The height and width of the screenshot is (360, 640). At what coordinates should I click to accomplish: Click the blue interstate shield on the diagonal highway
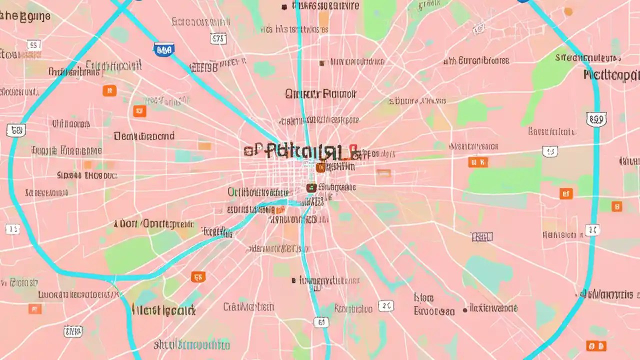pos(164,49)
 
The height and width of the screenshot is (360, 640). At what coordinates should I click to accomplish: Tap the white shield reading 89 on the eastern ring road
pos(595,119)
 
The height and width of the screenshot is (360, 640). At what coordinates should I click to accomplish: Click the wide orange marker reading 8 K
pos(477,162)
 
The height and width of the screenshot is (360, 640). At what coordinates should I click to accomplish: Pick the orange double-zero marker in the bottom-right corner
pos(596,346)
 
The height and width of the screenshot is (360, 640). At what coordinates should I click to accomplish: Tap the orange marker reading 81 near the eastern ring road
pos(565,193)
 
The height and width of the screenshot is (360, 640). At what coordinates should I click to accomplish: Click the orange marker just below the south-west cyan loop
pos(198,276)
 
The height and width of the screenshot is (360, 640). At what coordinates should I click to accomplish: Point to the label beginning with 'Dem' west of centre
pos(144,136)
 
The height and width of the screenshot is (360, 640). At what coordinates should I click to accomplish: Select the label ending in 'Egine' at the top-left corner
pos(25,16)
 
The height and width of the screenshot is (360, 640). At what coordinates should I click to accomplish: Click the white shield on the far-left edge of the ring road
pos(15,131)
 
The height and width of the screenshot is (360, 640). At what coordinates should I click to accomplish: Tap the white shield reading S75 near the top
pos(218,38)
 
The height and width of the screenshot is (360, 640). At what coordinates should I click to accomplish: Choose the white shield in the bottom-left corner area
pos(73,330)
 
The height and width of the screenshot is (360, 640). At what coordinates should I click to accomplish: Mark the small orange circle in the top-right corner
pos(568,11)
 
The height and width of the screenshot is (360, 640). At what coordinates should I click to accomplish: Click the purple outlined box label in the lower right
pos(482,236)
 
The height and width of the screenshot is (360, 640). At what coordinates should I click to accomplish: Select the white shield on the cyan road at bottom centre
pos(321,322)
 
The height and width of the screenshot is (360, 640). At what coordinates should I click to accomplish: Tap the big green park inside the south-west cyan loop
pos(131,253)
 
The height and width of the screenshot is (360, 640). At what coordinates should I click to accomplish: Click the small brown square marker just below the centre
pos(310,188)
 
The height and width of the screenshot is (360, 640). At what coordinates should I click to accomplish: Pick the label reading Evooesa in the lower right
pos(434,311)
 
